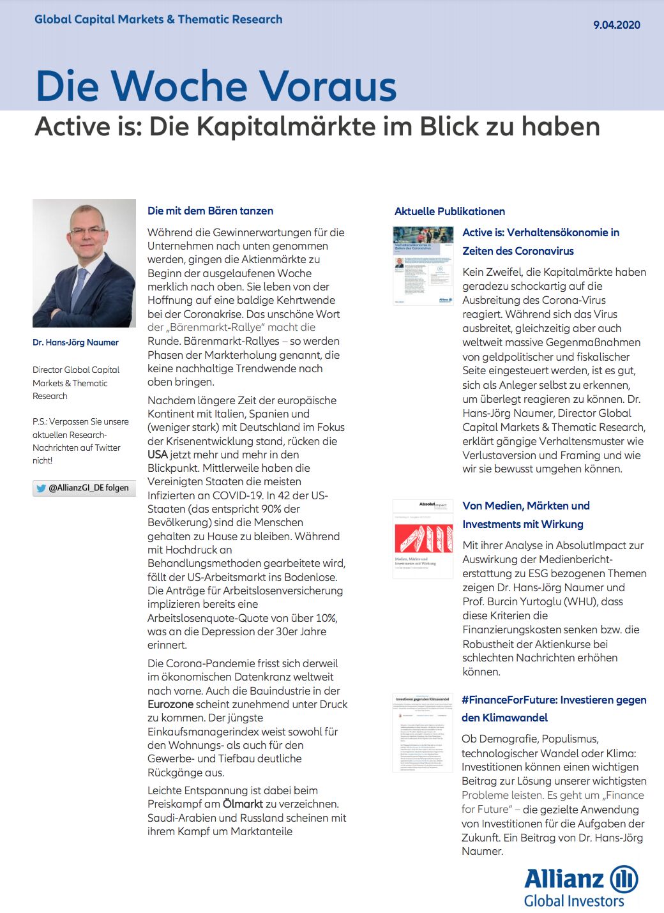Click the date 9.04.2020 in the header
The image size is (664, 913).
pyautogui.click(x=616, y=25)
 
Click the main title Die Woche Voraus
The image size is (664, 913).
pyautogui.click(x=216, y=86)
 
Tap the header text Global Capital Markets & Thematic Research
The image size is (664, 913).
pyautogui.click(x=158, y=19)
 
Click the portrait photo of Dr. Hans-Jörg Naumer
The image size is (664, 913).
pyautogui.click(x=84, y=263)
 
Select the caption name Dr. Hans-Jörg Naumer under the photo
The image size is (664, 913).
pyautogui.click(x=75, y=342)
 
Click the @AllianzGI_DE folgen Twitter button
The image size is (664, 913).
pyautogui.click(x=84, y=488)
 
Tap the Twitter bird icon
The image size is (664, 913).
pyautogui.click(x=41, y=488)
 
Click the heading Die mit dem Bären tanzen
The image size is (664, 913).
pyautogui.click(x=210, y=211)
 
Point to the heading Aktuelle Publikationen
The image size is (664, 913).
pyautogui.click(x=449, y=211)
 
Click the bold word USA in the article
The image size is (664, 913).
pyautogui.click(x=158, y=455)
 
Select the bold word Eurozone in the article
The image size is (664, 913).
pyautogui.click(x=170, y=704)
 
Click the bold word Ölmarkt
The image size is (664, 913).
pyautogui.click(x=243, y=804)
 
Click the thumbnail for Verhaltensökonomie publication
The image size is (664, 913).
pyautogui.click(x=423, y=265)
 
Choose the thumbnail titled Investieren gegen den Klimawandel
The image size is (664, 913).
pyautogui.click(x=423, y=732)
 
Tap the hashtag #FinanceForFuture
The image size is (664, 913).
pyautogui.click(x=508, y=700)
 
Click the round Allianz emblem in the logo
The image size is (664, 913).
pyautogui.click(x=624, y=879)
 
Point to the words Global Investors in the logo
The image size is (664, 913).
pyautogui.click(x=574, y=901)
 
